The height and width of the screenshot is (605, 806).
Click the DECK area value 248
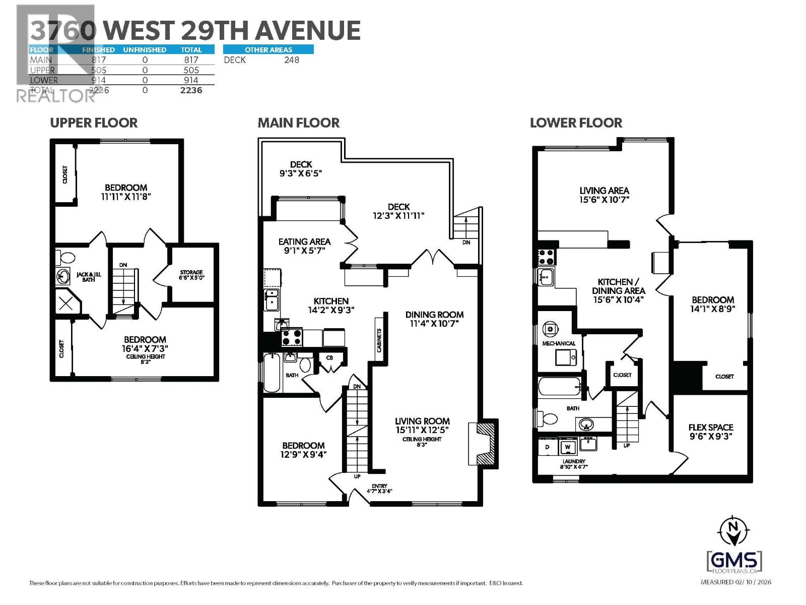coord(291,60)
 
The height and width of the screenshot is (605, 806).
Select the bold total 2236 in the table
coord(191,90)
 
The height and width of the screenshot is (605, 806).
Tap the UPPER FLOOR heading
coord(94,123)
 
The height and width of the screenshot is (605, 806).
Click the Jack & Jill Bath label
coord(89,276)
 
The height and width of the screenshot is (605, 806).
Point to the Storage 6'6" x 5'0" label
coord(191,275)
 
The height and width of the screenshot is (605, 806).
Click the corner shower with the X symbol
coord(66,304)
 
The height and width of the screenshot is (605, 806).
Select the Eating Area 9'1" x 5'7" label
coord(304,246)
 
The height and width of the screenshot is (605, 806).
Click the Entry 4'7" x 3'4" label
coord(379,488)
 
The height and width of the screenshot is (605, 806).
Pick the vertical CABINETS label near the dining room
coord(379,340)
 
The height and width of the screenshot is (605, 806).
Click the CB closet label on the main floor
coord(329,358)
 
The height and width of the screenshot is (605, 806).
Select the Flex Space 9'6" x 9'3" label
coord(710,432)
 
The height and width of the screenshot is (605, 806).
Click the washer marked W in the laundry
coord(568,447)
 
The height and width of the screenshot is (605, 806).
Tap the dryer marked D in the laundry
coord(548,447)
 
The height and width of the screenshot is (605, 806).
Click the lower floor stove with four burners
coord(546,257)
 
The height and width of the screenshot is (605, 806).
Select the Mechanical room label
coord(559,343)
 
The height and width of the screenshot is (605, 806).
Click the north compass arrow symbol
coord(733,531)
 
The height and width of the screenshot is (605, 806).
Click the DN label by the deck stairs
coord(466,243)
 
